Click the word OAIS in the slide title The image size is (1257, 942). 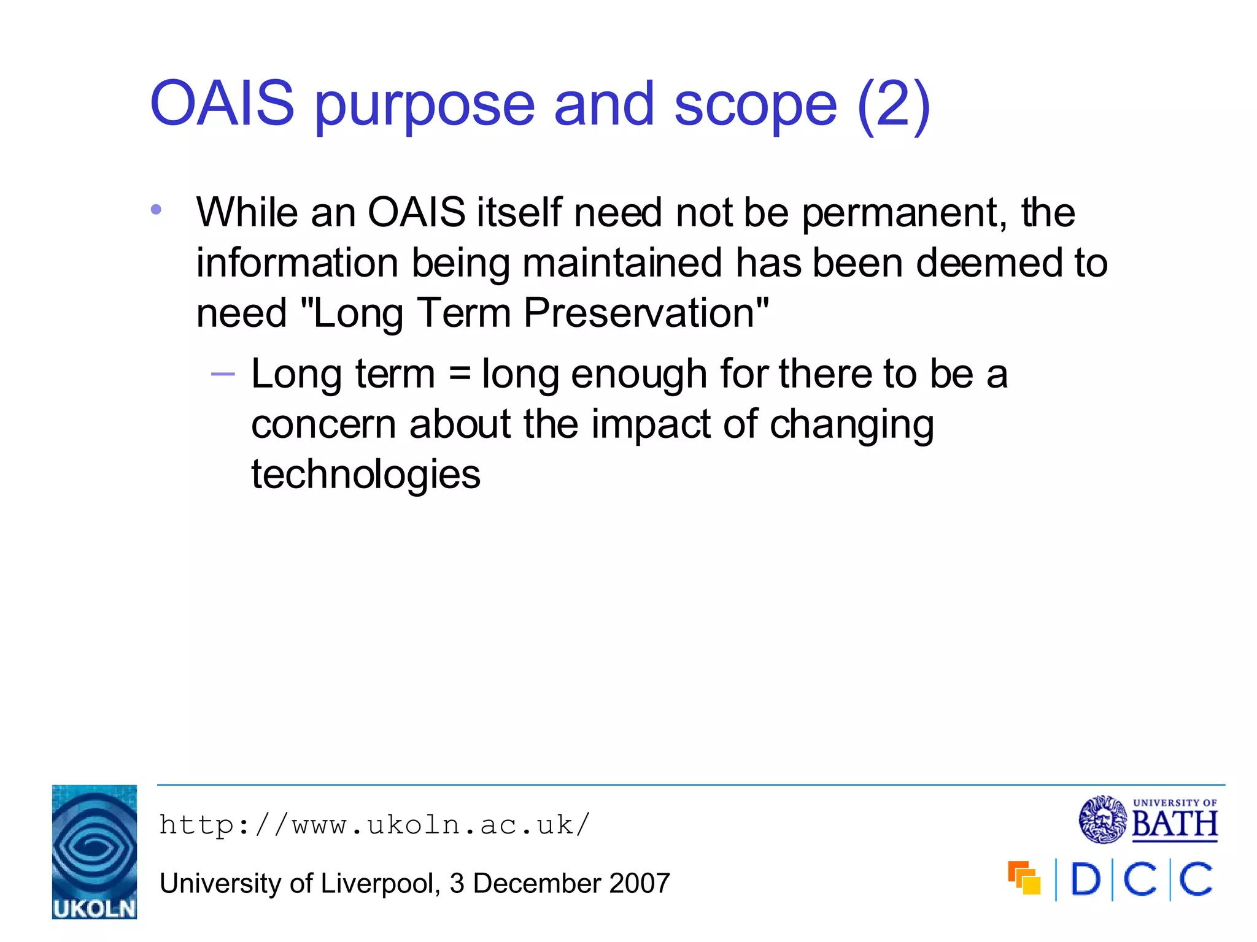pos(222,104)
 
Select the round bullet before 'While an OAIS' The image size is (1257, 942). pos(156,210)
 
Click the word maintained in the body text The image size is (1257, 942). pos(622,263)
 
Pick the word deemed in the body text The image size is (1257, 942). pos(988,263)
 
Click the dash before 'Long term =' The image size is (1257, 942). pos(223,373)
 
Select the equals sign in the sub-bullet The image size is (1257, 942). pos(459,373)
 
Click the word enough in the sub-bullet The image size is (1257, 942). pos(639,375)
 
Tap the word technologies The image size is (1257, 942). pos(366,475)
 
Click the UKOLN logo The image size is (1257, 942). pos(95,852)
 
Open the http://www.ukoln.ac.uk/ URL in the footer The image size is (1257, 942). pos(374,825)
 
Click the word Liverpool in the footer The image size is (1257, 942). pos(377,884)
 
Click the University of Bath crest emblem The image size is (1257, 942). pos(1103,819)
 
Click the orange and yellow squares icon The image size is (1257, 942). pos(1024,878)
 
